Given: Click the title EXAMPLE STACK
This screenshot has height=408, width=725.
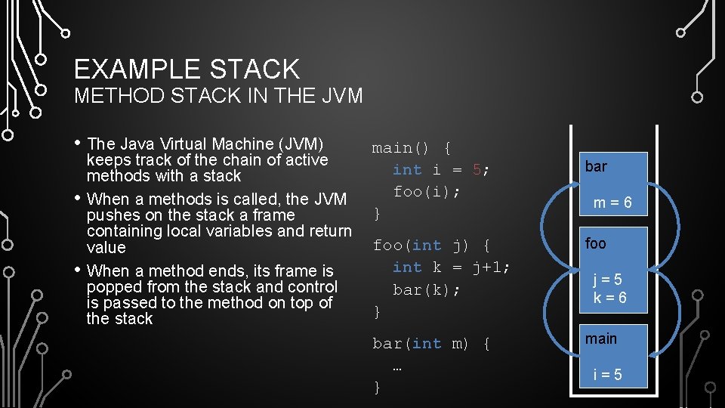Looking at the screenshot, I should tap(187, 70).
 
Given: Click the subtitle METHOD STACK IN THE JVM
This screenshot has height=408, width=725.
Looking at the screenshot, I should tap(218, 96).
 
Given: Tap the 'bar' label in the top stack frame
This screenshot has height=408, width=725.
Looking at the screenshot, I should tap(596, 166).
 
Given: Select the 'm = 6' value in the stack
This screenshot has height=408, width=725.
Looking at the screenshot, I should tap(612, 203).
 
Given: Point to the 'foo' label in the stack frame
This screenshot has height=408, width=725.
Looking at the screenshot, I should tap(596, 243).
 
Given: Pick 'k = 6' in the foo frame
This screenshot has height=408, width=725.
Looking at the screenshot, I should tap(609, 298).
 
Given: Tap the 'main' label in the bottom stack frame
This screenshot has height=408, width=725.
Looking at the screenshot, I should tap(601, 338).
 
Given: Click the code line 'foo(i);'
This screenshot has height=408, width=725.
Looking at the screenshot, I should tap(427, 191).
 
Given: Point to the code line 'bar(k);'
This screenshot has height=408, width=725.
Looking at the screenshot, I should tap(427, 289).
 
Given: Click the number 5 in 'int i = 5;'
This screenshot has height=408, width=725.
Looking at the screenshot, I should tap(477, 169).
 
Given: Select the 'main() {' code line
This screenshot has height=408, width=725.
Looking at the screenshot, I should tap(412, 147).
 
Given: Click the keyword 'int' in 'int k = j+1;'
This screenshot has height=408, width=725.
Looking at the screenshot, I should tap(407, 267).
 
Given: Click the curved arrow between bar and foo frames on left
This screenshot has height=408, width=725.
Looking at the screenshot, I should tap(549, 222).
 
